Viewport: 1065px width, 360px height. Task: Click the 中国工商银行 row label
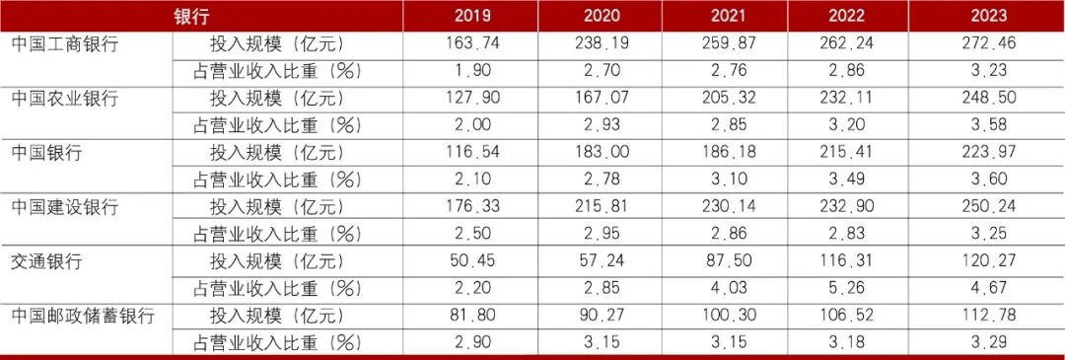point(65,44)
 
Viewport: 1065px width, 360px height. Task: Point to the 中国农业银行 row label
point(65,99)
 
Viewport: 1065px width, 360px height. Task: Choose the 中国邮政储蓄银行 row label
point(83,316)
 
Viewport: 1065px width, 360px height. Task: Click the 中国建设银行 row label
point(65,207)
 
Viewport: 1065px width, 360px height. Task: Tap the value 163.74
point(470,43)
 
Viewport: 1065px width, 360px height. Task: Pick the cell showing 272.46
point(988,43)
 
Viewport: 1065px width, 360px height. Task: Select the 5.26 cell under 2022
point(848,288)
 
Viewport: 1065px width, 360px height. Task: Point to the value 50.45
point(470,260)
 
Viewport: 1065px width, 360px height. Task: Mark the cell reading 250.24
point(988,206)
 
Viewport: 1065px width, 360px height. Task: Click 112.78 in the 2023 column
point(988,316)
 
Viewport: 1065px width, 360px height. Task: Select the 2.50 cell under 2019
point(470,234)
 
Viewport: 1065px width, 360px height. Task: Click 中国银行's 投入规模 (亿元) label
point(277,153)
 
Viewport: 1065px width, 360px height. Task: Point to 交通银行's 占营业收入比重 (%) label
point(277,289)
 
